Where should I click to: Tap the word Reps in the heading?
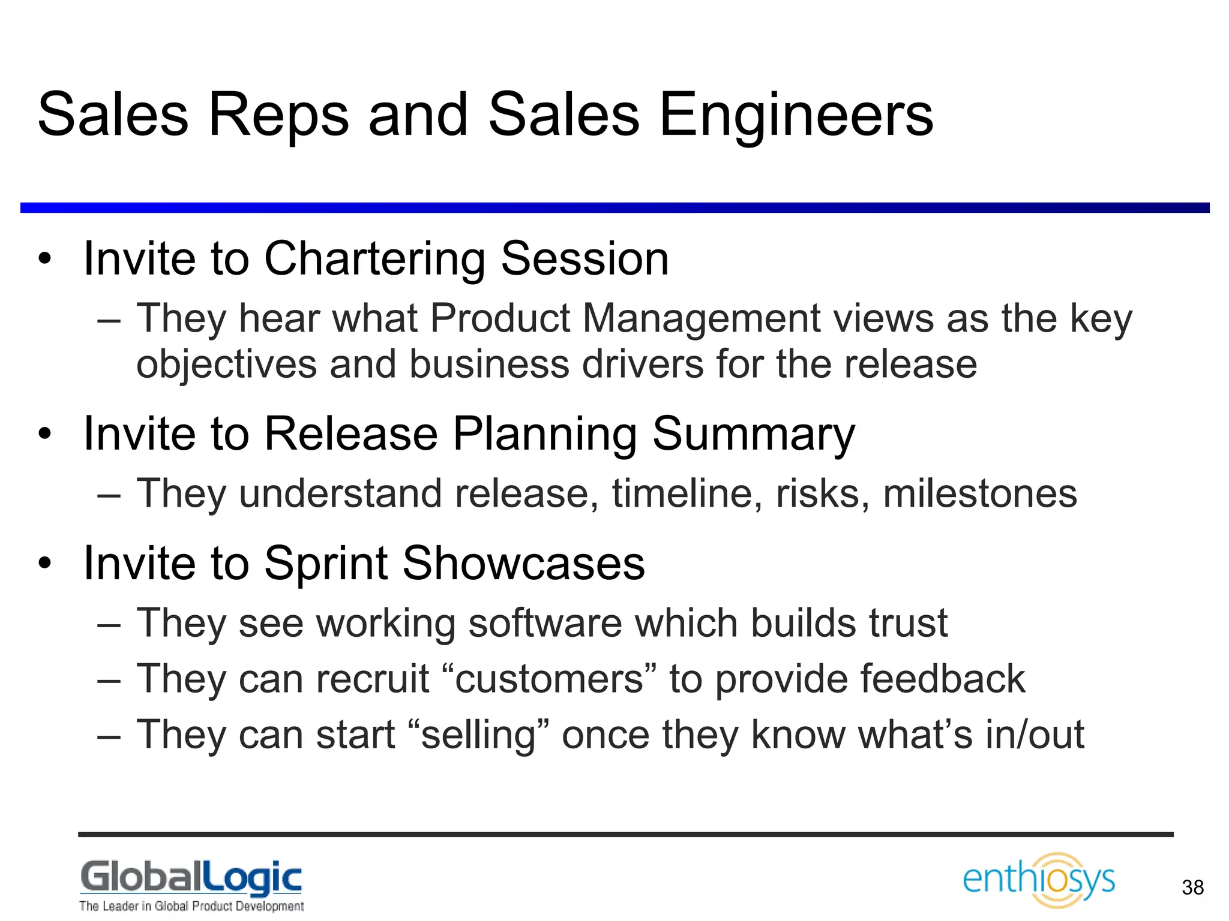[277, 115]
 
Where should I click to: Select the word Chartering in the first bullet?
[374, 259]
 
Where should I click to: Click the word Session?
[584, 259]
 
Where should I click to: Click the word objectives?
[226, 365]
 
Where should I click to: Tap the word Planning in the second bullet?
[545, 434]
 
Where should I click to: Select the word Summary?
[754, 434]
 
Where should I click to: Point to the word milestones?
[979, 493]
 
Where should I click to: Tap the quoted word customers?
[549, 679]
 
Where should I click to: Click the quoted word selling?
[478, 735]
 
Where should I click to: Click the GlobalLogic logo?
[191, 884]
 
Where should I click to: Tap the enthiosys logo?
[1038, 879]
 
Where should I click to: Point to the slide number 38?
[1192, 887]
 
